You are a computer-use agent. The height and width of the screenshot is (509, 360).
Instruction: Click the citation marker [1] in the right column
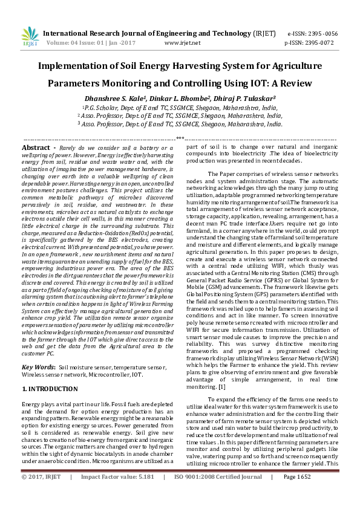tap(222, 386)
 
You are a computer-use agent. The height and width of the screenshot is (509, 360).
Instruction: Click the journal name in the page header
tap(152, 33)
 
